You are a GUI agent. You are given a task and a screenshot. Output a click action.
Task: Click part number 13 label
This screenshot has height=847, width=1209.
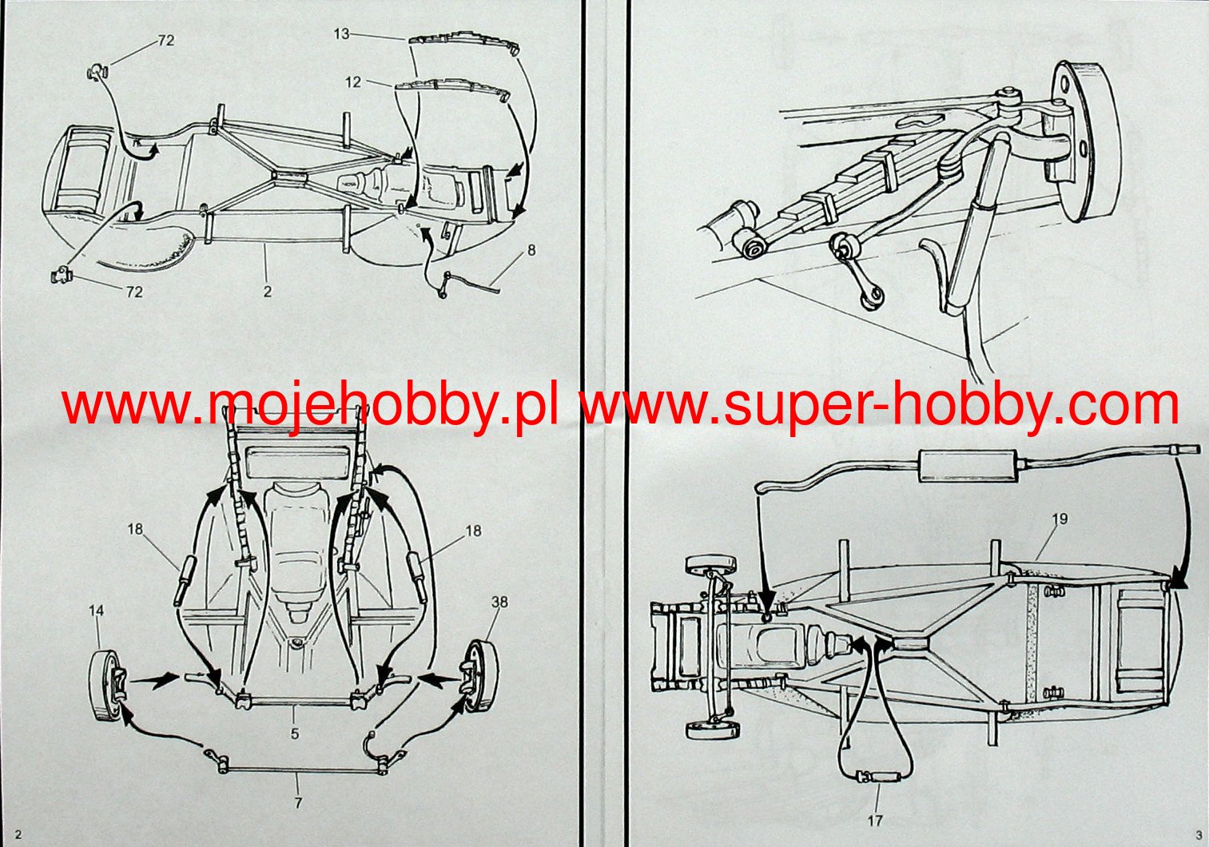(341, 34)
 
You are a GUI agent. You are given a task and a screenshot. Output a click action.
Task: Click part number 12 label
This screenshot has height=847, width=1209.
(353, 82)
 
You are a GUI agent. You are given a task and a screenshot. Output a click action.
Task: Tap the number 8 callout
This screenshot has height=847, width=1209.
(531, 250)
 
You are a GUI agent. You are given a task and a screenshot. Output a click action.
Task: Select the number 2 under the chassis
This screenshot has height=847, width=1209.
(268, 292)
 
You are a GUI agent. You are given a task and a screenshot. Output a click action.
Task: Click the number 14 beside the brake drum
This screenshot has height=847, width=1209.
(96, 610)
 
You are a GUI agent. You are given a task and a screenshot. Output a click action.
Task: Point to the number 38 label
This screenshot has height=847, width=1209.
(499, 602)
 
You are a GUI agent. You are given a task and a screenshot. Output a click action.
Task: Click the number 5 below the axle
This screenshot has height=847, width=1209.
(295, 732)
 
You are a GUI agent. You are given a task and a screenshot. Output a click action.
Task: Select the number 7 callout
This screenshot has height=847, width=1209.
(298, 802)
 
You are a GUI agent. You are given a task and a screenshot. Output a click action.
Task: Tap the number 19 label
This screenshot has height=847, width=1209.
(1059, 519)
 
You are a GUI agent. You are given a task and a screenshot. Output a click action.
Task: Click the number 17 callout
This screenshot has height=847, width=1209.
(875, 821)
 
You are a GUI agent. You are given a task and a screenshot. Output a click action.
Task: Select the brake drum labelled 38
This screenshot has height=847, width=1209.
(479, 678)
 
